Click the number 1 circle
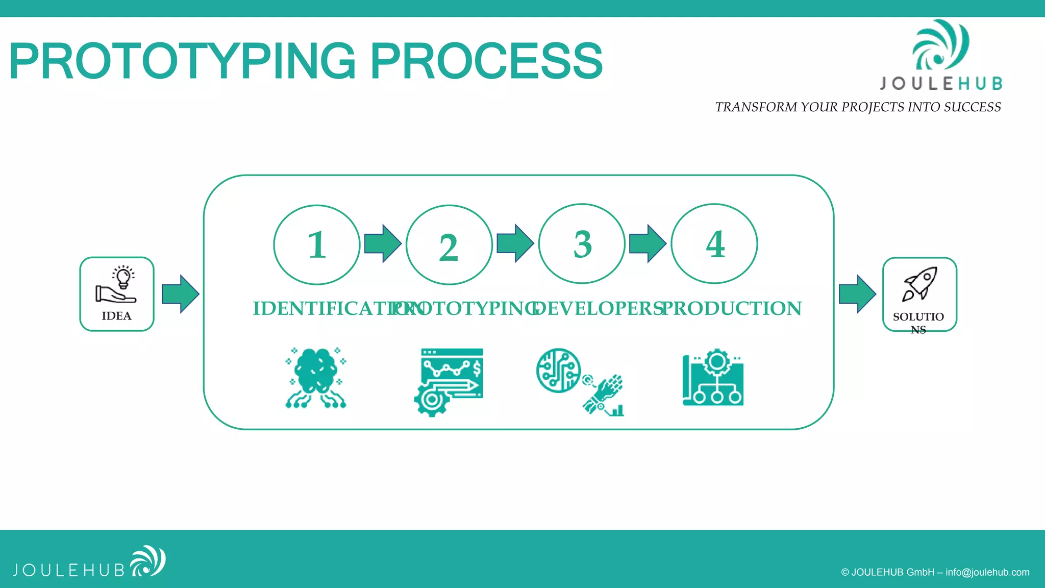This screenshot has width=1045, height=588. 316,245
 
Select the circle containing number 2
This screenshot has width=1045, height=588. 449,245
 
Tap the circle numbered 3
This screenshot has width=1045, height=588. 582,244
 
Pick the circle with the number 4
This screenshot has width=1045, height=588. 714,244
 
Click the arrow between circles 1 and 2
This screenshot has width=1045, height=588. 383,243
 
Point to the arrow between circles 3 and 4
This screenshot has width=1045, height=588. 648,243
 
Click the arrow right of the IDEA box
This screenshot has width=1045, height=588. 180,294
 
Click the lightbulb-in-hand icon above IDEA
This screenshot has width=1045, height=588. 117,284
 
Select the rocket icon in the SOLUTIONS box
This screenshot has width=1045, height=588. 920,284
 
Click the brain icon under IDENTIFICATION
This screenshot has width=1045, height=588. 315,378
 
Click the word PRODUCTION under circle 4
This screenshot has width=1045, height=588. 732,308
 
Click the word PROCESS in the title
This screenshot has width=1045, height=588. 486,61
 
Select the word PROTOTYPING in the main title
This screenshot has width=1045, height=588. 182,61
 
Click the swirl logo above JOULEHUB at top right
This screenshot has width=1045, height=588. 940,45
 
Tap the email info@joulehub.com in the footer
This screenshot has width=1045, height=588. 987,572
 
